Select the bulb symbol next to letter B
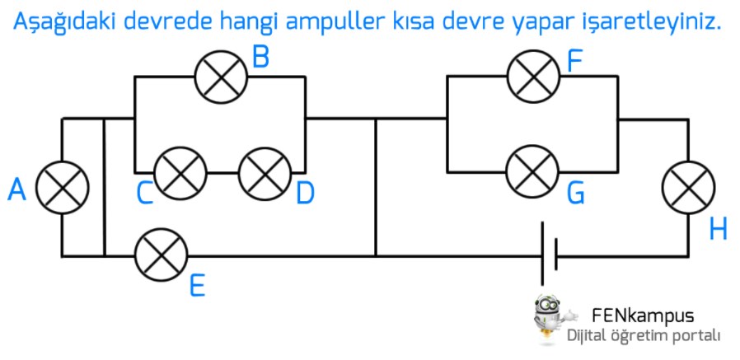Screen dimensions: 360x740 click(x=221, y=77)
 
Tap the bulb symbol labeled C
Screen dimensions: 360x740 click(x=180, y=173)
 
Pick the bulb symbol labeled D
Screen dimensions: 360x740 click(x=265, y=173)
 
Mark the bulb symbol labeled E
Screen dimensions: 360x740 click(x=161, y=255)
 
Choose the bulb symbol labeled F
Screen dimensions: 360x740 click(x=533, y=75)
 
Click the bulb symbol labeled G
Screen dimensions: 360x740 click(x=533, y=171)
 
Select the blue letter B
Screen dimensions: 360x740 click(x=261, y=57)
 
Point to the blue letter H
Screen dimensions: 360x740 click(x=718, y=229)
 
